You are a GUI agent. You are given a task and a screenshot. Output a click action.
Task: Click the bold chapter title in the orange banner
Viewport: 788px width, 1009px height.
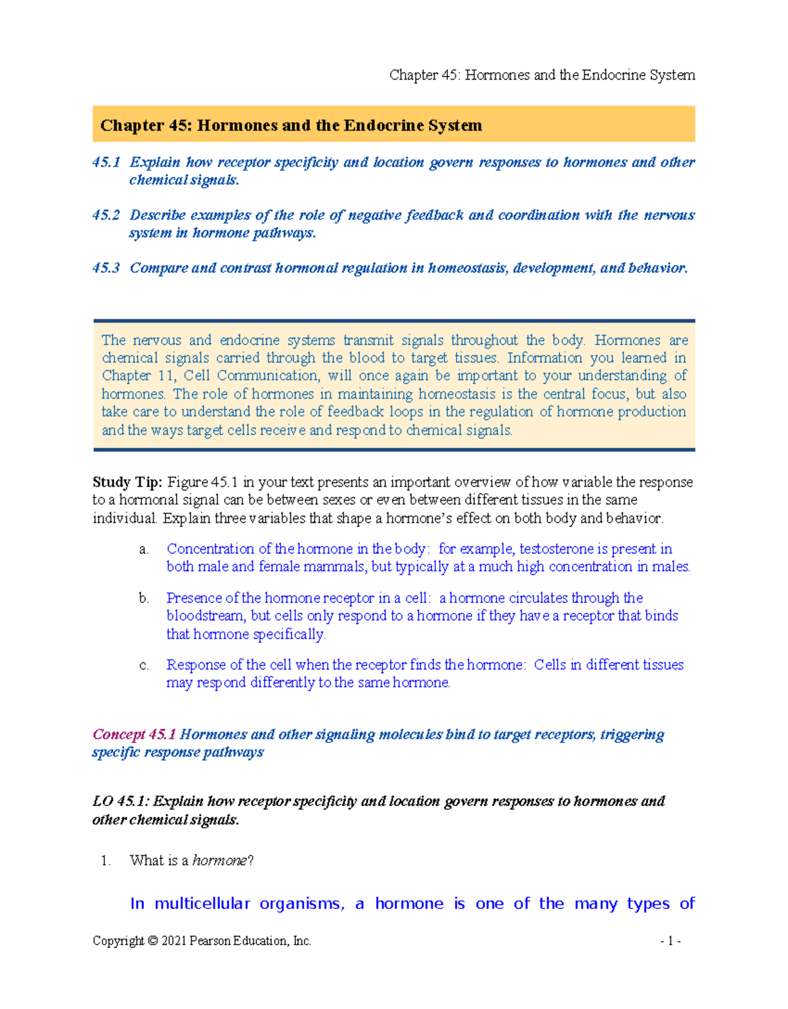click(x=291, y=125)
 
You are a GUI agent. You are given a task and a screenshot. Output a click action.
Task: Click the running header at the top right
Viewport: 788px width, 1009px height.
click(x=542, y=75)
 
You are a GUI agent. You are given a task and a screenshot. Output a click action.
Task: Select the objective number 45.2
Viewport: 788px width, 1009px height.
click(x=106, y=215)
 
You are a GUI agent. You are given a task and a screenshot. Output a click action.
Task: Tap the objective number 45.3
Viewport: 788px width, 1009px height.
click(x=106, y=268)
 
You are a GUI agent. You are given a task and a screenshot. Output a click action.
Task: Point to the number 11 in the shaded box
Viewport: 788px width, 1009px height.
click(x=164, y=376)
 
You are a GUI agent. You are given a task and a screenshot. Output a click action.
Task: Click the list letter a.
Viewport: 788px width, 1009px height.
click(x=144, y=549)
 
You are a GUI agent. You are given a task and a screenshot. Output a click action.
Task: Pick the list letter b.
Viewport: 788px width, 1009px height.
click(x=144, y=598)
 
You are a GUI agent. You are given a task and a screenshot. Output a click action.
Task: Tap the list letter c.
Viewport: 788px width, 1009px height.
click(x=144, y=665)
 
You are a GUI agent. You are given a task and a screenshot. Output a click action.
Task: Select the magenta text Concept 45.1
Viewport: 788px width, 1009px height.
click(x=134, y=734)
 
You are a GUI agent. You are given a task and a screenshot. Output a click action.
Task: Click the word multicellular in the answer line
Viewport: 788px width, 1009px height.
click(x=202, y=904)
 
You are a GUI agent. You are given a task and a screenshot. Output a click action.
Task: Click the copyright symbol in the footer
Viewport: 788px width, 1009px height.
click(x=152, y=941)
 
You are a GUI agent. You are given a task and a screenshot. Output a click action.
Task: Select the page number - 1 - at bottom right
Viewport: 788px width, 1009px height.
click(x=670, y=941)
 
